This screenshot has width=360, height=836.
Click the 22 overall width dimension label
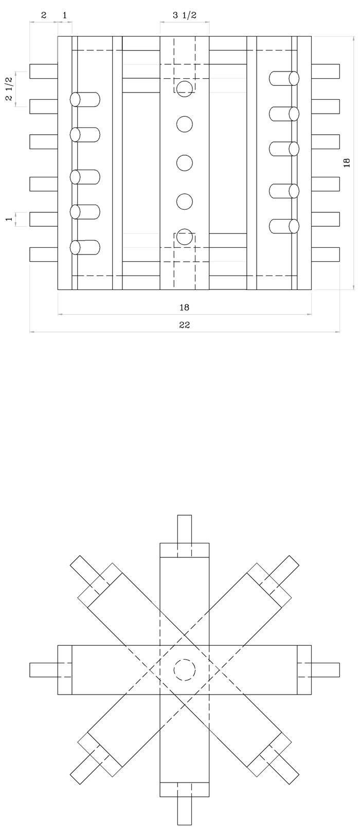185,325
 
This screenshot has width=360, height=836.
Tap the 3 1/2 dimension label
185,15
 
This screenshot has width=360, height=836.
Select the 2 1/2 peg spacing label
9,88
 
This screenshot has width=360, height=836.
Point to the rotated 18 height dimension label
347,162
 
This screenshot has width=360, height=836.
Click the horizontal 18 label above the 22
185,307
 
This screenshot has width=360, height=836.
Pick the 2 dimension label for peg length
44,15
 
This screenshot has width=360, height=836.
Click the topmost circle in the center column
185,89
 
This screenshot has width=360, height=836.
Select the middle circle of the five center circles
185,162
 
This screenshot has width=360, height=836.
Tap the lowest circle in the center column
185,237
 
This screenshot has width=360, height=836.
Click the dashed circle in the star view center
185,669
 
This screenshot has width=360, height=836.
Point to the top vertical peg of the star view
185,536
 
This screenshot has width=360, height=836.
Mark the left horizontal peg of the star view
50,669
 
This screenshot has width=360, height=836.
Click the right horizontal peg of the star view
318,669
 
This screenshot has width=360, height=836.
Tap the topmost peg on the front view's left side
44,71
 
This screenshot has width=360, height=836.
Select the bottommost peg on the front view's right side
325,254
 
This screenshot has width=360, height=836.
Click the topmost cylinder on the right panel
284,78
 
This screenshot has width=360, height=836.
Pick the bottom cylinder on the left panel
85,247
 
